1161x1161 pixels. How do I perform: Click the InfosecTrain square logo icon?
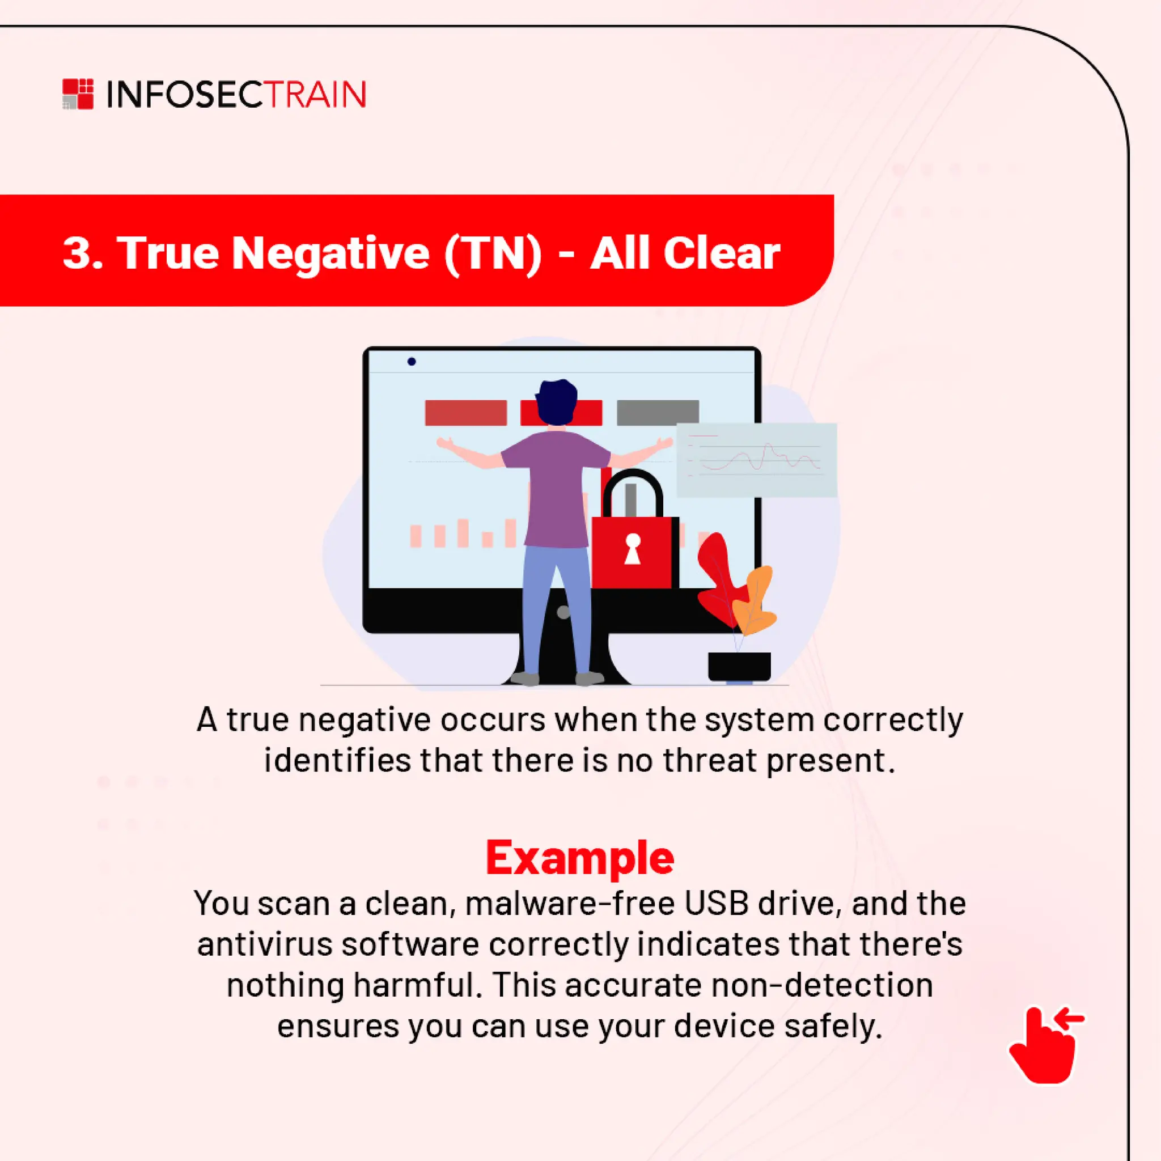pyautogui.click(x=78, y=94)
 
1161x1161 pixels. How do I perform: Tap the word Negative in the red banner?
pyautogui.click(x=330, y=252)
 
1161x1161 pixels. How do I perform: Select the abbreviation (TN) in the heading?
pyautogui.click(x=493, y=252)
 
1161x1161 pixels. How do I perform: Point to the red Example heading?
pyautogui.click(x=580, y=858)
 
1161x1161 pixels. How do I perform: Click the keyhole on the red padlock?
pyautogui.click(x=632, y=548)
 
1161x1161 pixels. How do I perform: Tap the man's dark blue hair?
pyautogui.click(x=557, y=401)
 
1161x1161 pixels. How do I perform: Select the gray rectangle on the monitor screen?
pyautogui.click(x=658, y=412)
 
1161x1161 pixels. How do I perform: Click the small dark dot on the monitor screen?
pyautogui.click(x=412, y=362)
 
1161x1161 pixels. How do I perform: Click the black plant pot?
pyautogui.click(x=739, y=666)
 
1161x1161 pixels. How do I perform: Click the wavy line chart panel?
pyautogui.click(x=757, y=460)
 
